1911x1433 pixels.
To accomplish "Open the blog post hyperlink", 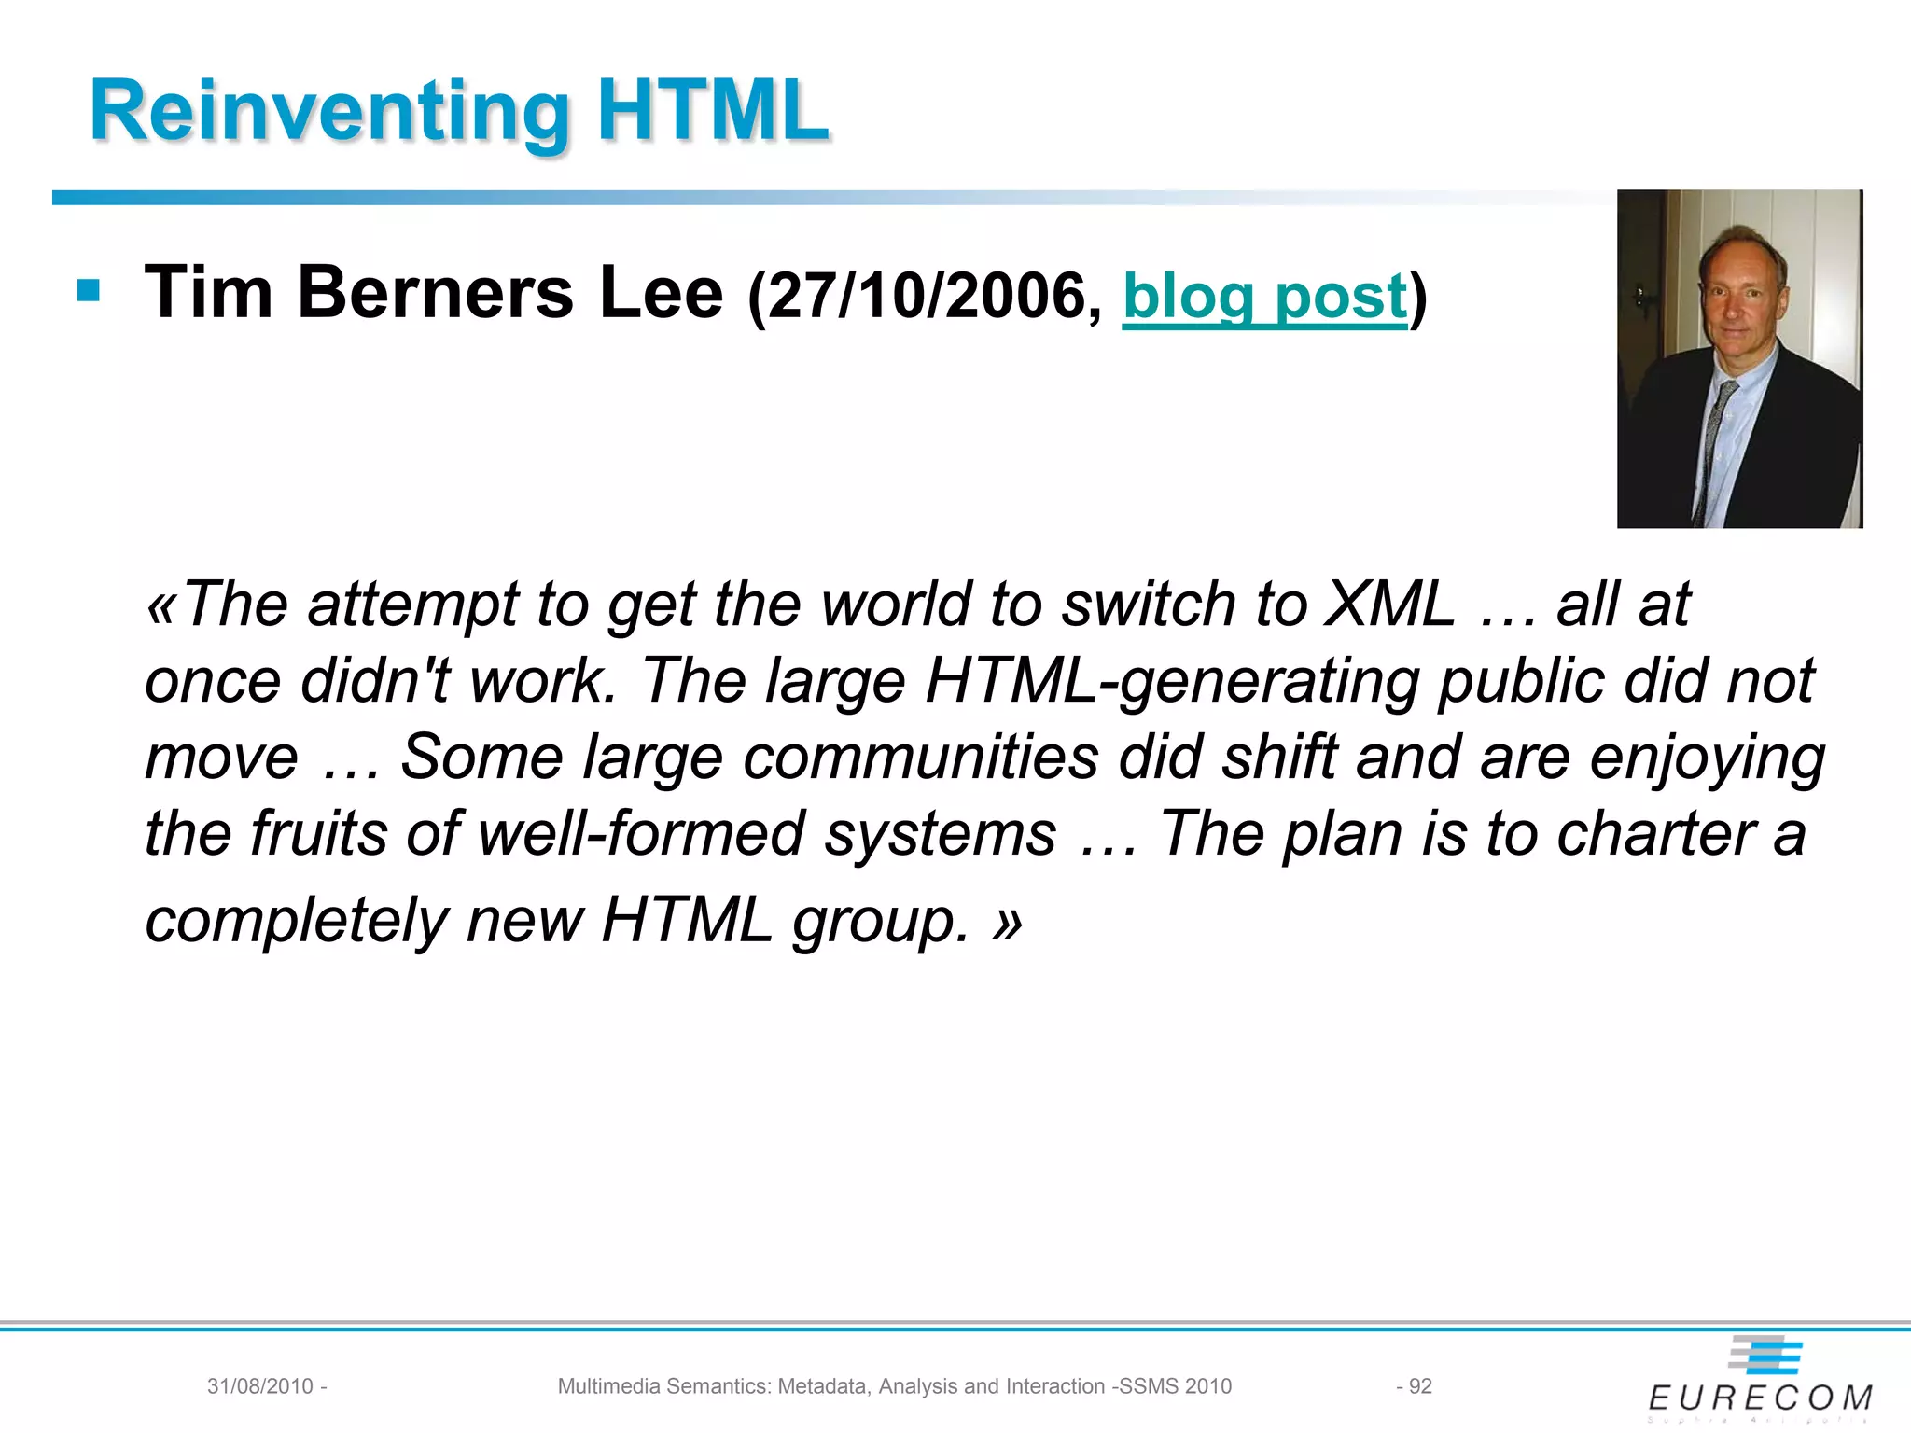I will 1264,296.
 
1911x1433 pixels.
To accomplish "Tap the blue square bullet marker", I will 89,291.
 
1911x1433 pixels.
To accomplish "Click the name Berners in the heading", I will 436,292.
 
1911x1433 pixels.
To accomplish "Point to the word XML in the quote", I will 1390,604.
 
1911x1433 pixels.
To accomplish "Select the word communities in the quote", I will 921,757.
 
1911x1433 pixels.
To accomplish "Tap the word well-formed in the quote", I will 641,832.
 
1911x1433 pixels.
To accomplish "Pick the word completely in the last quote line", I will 297,920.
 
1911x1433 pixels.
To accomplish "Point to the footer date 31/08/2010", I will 260,1386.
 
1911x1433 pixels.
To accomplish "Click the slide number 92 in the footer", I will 1420,1386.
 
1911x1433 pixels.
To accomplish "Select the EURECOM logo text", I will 1760,1398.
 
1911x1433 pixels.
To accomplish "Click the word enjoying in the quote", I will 1708,757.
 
